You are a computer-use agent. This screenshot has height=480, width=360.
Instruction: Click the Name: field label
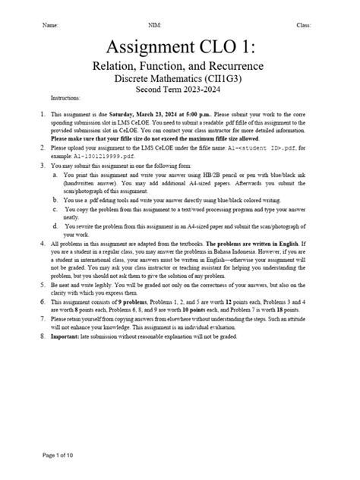[x=51, y=25]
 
